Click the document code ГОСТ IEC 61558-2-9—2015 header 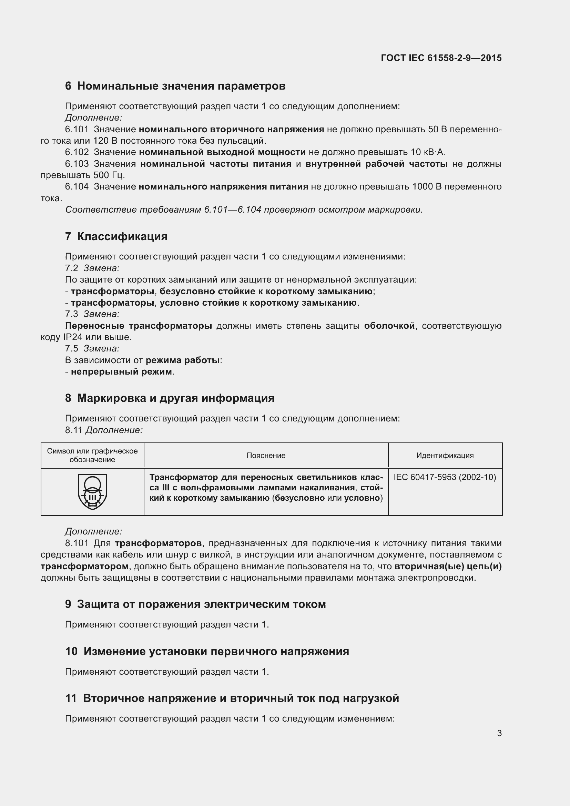tap(441, 58)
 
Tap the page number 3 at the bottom tap(499, 733)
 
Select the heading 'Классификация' tap(122, 236)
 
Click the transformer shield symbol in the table tap(92, 491)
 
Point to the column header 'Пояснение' tap(266, 455)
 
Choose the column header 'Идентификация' tap(445, 455)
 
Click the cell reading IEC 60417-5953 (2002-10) tap(445, 477)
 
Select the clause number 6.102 tap(77, 152)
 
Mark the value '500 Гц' tap(109, 175)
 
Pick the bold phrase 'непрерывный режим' tap(121, 371)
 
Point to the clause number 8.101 tap(77, 543)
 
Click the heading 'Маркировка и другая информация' tap(175, 398)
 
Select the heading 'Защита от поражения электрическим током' tap(201, 604)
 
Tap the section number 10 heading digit tap(71, 651)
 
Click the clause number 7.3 tap(71, 314)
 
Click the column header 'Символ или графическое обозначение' tap(92, 455)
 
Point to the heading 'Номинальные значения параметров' tap(181, 86)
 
